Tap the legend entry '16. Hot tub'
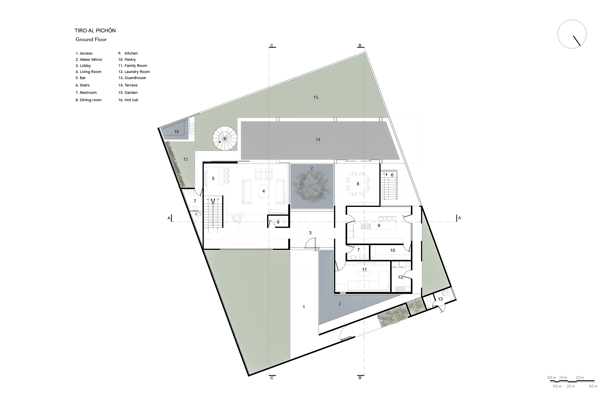coord(128,100)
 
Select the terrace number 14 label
coord(318,140)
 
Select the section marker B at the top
coord(360,45)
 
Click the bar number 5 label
coord(213,178)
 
